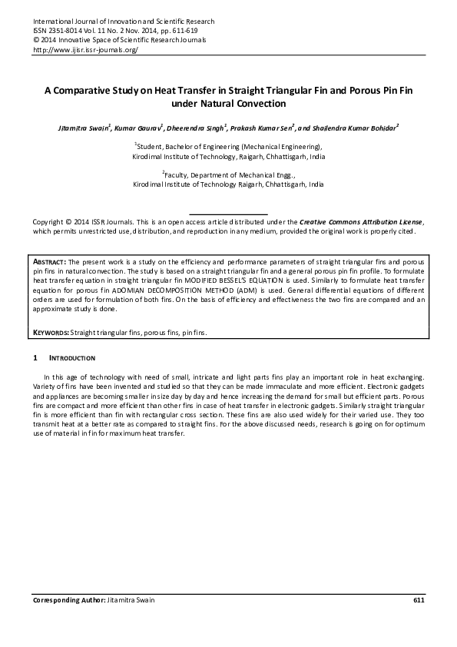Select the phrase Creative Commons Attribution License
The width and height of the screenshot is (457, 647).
(360, 221)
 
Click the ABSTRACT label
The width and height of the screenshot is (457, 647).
(49, 263)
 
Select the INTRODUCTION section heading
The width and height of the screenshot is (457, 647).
(72, 359)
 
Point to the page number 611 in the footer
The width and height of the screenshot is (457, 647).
(419, 599)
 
